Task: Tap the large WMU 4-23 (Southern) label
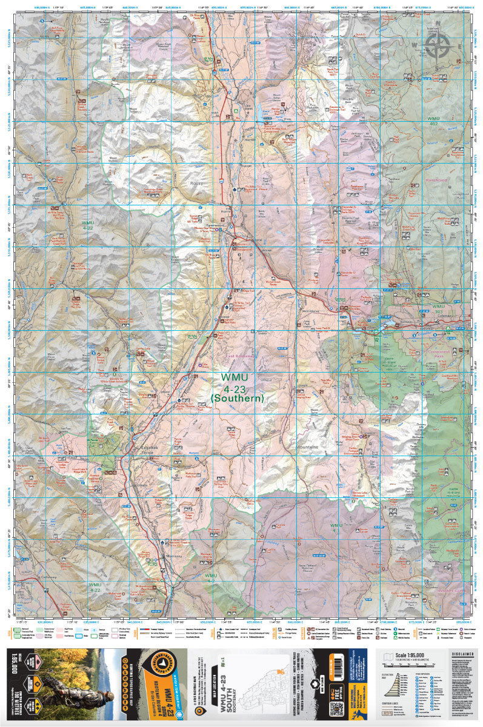tap(238, 387)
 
